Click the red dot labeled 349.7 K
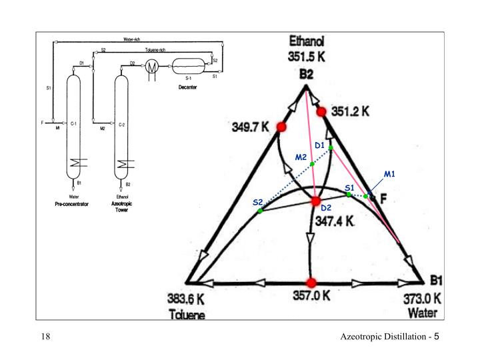tap(281, 127)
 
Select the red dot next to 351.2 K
tap(321, 111)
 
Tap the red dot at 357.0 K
tap(310, 282)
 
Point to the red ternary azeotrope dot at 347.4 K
tap(316, 201)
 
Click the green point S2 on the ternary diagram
tap(261, 211)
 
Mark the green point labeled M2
tap(312, 163)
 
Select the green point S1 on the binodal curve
tap(349, 195)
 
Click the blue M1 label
tap(390, 175)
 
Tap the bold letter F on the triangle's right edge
tap(383, 199)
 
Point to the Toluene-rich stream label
tap(155, 50)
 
